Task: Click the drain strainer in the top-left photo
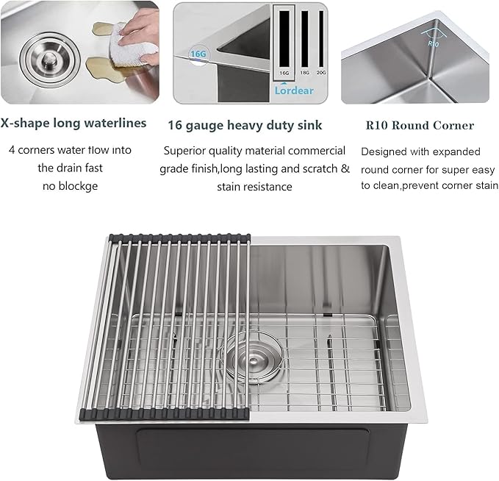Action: tap(43, 55)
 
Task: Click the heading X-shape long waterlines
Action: tap(73, 124)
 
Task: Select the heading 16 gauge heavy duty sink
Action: tap(245, 125)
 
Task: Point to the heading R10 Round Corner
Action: tap(420, 125)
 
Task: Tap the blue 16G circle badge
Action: tap(198, 54)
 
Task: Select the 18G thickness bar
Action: tap(304, 44)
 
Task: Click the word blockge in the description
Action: tap(81, 186)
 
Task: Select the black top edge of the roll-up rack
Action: tap(179, 237)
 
